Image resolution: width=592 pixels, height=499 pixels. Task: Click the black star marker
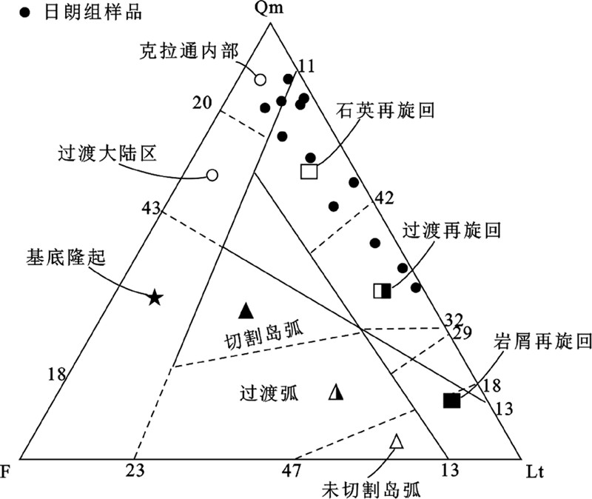click(154, 298)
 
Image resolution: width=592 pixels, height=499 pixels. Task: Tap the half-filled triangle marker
click(336, 392)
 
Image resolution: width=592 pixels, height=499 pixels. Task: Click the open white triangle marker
click(397, 442)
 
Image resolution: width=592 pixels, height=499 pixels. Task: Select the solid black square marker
click(451, 401)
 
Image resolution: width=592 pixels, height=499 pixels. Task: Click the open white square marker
click(309, 171)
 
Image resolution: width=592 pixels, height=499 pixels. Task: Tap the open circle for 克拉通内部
click(260, 79)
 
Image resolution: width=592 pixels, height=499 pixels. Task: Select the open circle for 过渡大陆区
click(212, 175)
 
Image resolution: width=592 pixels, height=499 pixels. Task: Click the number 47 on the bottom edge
click(292, 470)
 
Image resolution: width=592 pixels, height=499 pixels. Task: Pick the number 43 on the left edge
click(151, 209)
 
